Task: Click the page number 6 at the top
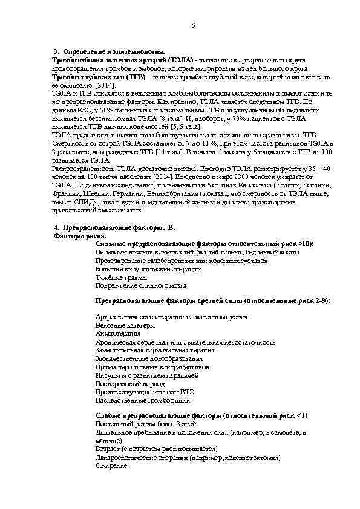point(193,26)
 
